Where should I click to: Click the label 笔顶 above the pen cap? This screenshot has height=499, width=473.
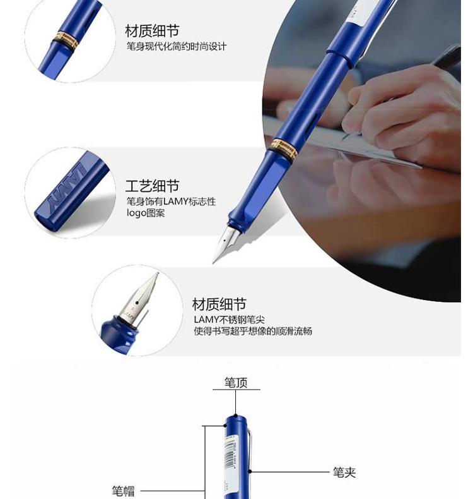tap(236, 382)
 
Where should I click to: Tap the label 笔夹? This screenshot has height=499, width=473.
tap(344, 472)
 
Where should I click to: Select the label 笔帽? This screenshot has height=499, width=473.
tap(123, 491)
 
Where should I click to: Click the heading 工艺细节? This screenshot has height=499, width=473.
tap(152, 186)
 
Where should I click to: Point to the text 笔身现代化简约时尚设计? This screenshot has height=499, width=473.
tap(177, 47)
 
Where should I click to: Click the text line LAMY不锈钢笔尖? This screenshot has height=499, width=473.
tap(229, 319)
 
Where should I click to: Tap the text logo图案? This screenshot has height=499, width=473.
tap(146, 213)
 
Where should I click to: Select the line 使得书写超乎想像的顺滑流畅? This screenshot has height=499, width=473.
tap(253, 331)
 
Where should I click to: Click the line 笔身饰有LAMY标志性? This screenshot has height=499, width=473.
tap(171, 201)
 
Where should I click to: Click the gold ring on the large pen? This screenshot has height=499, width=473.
tap(283, 148)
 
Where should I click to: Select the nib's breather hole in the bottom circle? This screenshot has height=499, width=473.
tap(137, 303)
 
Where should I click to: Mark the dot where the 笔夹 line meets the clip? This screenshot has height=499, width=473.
tap(250, 471)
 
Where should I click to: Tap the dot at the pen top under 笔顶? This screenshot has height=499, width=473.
tap(235, 415)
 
